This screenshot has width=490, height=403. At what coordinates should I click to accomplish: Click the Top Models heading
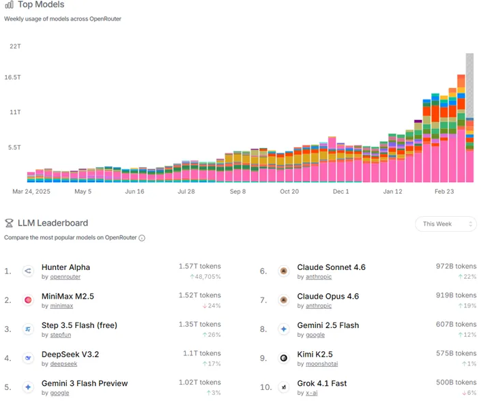[x=41, y=5]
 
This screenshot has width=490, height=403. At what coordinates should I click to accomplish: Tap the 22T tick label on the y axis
[x=15, y=46]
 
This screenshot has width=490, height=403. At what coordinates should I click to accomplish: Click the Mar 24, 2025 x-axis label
[x=32, y=192]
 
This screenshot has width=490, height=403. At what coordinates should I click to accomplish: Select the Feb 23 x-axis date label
[x=444, y=192]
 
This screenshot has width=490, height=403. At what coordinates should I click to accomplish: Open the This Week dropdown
[x=446, y=224]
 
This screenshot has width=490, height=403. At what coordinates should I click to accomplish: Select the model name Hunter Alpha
[x=66, y=267]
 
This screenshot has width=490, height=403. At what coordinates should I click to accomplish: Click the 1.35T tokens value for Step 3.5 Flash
[x=199, y=325]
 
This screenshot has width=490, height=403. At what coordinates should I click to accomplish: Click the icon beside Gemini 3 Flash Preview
[x=28, y=387]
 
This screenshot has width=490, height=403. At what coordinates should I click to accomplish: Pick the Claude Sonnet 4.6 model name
[x=331, y=267]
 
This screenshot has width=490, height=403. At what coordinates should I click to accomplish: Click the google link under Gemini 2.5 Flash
[x=315, y=335]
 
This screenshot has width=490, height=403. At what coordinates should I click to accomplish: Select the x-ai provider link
[x=313, y=393]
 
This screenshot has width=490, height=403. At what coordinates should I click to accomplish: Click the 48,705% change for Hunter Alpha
[x=205, y=277]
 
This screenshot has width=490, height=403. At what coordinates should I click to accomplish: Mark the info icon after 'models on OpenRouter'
[x=142, y=238]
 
